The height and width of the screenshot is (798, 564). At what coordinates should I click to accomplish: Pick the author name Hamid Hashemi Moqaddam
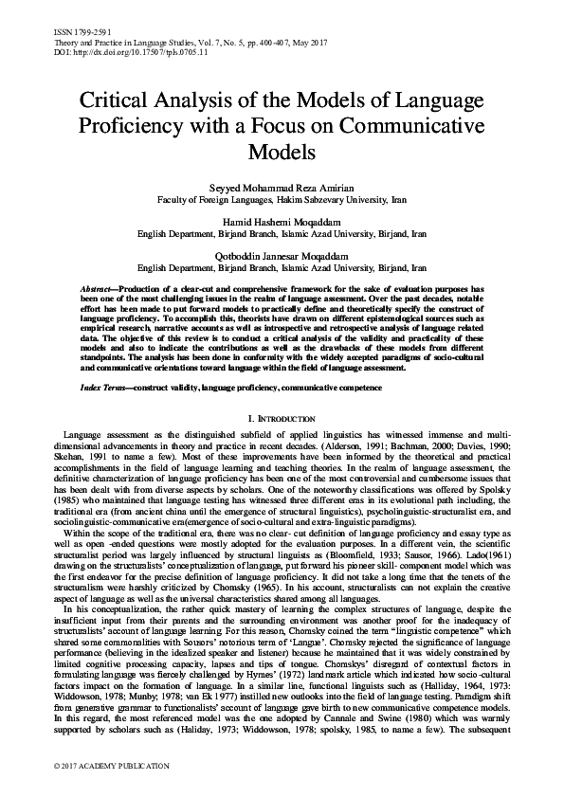coord(282,217)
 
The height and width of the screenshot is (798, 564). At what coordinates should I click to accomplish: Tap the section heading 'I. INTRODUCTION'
coord(282,417)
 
